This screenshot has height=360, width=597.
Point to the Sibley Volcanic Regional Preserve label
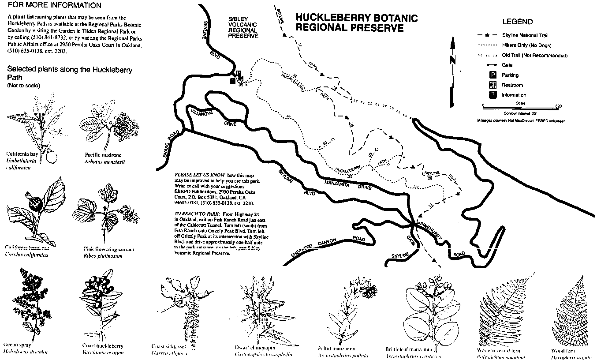tap(243, 27)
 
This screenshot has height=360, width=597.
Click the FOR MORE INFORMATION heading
tap(54, 6)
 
